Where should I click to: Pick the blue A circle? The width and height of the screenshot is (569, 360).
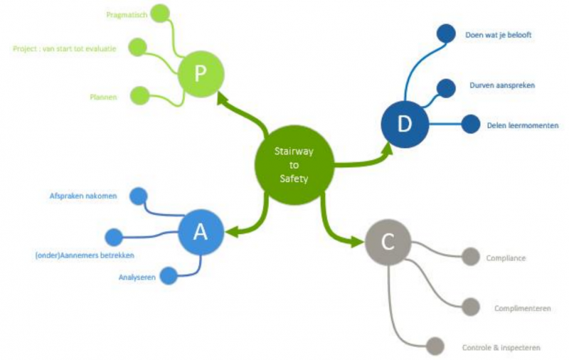tap(201, 233)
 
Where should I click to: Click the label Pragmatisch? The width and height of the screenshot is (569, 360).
tap(125, 14)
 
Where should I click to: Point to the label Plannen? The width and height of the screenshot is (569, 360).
tap(103, 96)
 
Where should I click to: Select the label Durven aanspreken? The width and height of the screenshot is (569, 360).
tap(502, 85)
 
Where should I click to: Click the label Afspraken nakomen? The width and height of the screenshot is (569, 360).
tap(83, 195)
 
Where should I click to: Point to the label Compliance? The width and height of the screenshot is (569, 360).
tap(506, 258)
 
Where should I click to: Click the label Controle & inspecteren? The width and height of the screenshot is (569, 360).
tap(501, 348)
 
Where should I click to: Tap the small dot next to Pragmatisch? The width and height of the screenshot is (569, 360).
tap(161, 13)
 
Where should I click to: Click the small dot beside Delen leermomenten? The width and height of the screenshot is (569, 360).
tap(471, 125)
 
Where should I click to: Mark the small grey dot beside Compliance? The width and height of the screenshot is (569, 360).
tap(470, 257)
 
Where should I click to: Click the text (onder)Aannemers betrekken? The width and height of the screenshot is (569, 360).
tap(85, 255)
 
